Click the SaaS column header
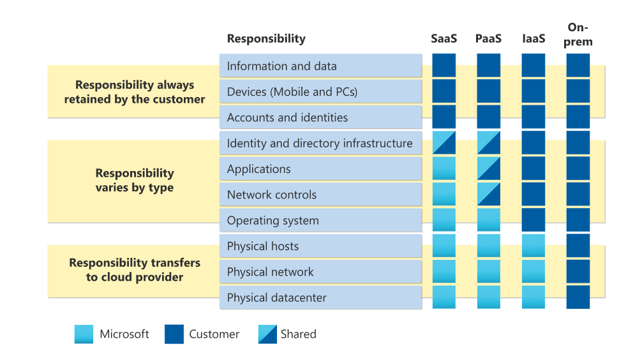pos(444,38)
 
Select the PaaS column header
pos(488,38)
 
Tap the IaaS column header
pos(534,38)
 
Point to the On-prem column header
pos(578,34)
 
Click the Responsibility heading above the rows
pos(266,38)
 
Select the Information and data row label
pos(281,66)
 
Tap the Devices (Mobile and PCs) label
pos(292,92)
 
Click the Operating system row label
pos(272,220)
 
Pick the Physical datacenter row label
pos(276,297)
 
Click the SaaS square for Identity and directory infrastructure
pos(444,143)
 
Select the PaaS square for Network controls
pos(488,194)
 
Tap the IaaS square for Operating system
pos(533,220)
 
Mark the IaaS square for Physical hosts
pos(533,246)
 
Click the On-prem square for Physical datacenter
pos(578,297)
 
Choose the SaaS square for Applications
pos(444,169)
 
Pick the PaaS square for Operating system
pos(488,220)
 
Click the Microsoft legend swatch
pos(84,334)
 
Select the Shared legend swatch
pos(267,334)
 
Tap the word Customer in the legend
pos(214,334)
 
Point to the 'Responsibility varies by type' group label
pos(135,180)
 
